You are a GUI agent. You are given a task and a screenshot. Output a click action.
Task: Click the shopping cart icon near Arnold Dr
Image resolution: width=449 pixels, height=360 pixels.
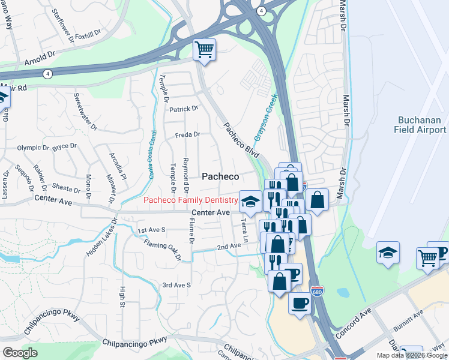(x=205, y=50)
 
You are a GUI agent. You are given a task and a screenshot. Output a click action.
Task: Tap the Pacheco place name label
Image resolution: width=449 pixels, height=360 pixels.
(x=220, y=176)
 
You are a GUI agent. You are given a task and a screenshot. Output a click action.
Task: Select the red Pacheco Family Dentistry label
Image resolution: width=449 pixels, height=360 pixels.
(x=190, y=199)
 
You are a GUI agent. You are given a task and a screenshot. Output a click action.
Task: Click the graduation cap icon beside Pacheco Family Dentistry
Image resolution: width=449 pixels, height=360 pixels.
(x=250, y=202)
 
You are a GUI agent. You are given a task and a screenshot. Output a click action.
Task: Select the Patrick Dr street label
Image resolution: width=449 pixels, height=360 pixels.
(x=183, y=109)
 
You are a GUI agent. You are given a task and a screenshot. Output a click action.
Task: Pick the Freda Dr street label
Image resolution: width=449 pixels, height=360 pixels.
(x=187, y=135)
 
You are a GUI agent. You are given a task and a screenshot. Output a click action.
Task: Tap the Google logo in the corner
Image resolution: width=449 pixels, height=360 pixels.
(x=20, y=353)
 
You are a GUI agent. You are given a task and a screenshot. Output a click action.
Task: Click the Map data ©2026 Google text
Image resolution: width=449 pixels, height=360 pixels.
(x=412, y=355)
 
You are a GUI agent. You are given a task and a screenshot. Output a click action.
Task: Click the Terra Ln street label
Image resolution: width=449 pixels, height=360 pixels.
(x=244, y=231)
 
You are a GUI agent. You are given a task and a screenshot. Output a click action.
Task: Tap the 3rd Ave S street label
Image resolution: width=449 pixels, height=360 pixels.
(x=176, y=285)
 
